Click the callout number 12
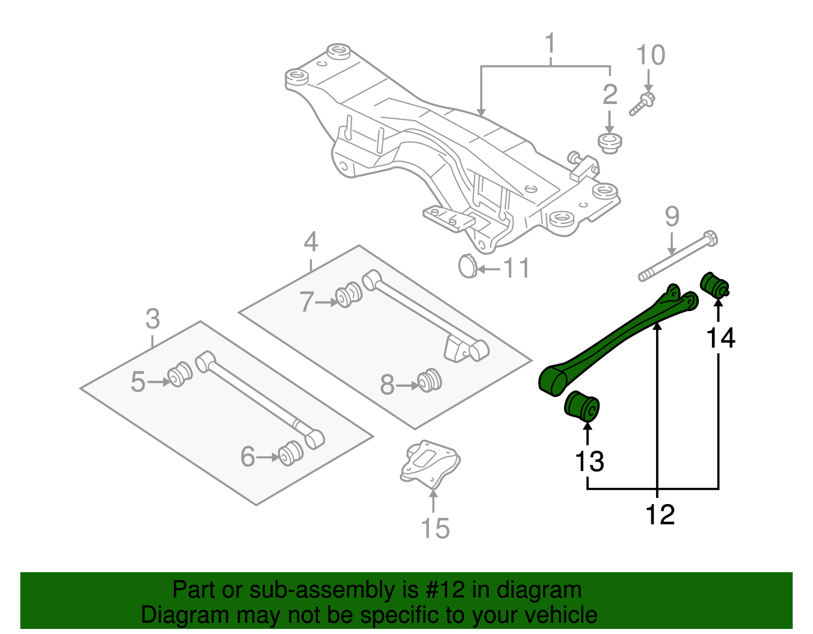660,515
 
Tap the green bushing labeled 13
582,406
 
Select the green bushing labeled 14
714,285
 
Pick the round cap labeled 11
467,266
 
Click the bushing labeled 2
609,143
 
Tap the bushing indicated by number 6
292,453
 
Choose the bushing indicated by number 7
349,294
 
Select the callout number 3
152,319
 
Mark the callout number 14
721,338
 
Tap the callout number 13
589,461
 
